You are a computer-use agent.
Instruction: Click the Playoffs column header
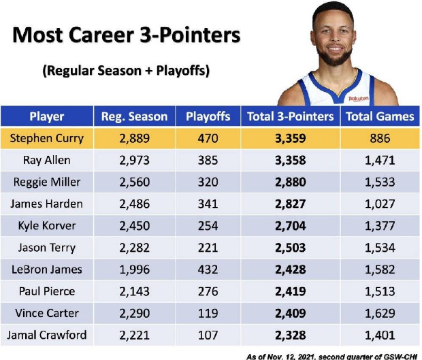tap(208, 116)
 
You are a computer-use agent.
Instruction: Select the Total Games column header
tap(380, 116)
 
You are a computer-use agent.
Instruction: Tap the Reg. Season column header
tap(134, 116)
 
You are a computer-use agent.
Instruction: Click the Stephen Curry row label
tap(47, 138)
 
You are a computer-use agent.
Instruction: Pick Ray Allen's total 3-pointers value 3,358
tap(291, 161)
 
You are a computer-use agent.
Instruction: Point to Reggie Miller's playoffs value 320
tap(208, 182)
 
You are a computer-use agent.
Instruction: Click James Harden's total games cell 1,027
tap(380, 204)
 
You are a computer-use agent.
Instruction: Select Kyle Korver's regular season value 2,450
tap(134, 226)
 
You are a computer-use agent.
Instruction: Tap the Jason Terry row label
tap(47, 248)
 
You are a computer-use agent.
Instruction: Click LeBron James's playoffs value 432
tap(208, 269)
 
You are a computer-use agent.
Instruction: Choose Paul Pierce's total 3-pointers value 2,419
tap(291, 291)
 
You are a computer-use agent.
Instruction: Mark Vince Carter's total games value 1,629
tap(380, 313)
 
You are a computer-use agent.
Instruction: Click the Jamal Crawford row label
tap(47, 336)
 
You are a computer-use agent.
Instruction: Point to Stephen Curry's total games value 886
tap(380, 138)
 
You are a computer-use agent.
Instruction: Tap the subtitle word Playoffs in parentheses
tap(182, 71)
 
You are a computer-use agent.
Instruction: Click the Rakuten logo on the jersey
tap(359, 99)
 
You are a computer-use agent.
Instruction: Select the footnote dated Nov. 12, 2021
tap(331, 357)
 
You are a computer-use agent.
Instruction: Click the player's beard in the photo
tap(334, 57)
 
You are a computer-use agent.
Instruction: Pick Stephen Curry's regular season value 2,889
tap(134, 138)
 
